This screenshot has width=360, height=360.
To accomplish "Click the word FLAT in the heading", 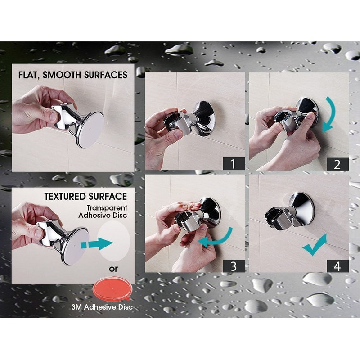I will tap(30, 75).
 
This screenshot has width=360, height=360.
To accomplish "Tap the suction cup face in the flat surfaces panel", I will tap(90, 129).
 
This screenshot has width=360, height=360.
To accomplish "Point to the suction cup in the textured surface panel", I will tap(74, 245).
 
